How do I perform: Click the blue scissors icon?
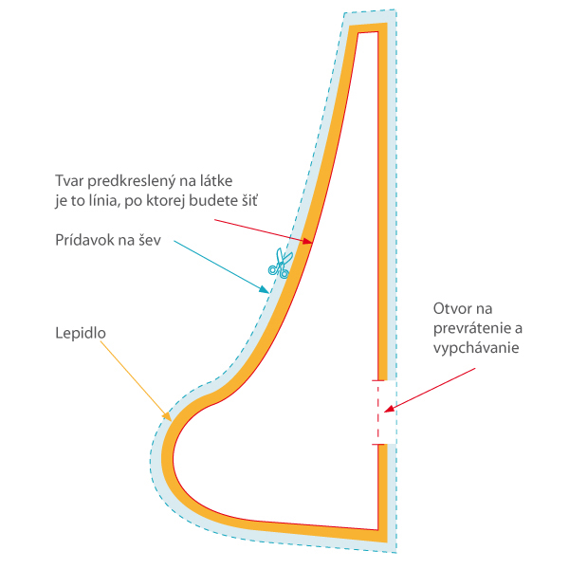[279, 263]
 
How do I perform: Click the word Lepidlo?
[81, 334]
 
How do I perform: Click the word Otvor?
[451, 309]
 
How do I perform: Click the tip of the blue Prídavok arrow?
[267, 288]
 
